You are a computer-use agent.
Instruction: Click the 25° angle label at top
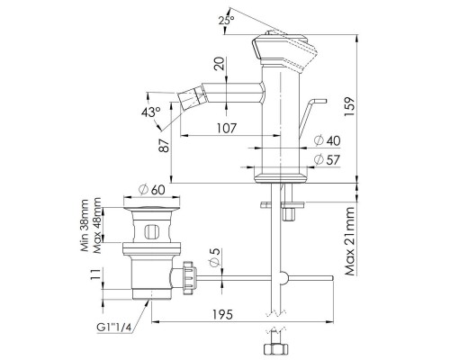226,19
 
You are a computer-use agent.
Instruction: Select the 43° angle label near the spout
152,112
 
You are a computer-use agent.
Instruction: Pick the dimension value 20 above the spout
218,65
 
